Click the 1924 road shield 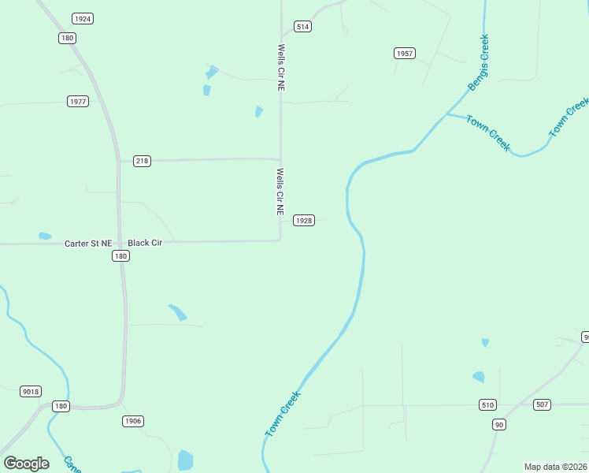[82, 18]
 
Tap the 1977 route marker [78, 102]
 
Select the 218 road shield [142, 161]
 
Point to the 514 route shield [302, 27]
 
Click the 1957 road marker [404, 54]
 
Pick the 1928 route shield [304, 221]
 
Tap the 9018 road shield [31, 392]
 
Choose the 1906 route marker [133, 421]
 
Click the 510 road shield [487, 405]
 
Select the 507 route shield [542, 404]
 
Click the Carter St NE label [88, 244]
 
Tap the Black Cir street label [145, 243]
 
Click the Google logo [26, 464]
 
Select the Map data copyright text [556, 467]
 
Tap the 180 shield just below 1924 [67, 38]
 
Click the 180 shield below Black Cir [120, 256]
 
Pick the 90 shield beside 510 [499, 425]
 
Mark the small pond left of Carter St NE [45, 236]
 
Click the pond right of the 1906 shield [186, 460]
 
